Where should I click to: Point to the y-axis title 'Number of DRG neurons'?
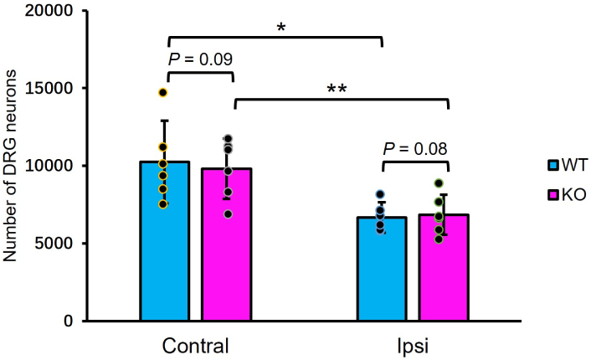(13, 167)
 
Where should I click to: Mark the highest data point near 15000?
(163, 92)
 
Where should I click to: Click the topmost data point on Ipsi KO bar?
(438, 183)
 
